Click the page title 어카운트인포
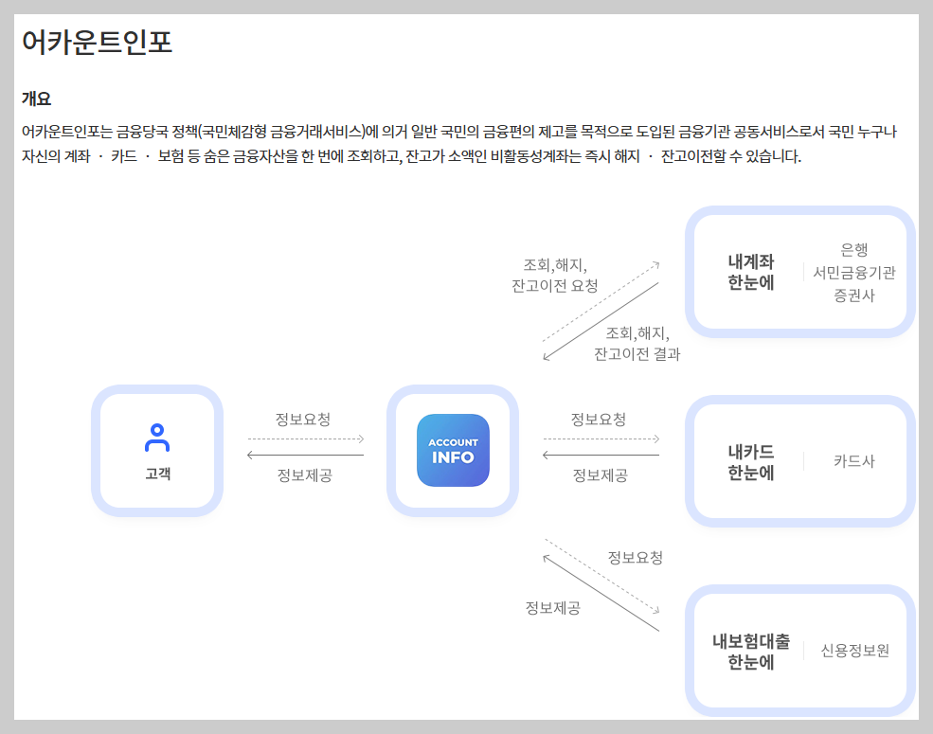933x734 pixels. (97, 43)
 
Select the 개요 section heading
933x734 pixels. (36, 98)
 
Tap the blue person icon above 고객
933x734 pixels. (157, 437)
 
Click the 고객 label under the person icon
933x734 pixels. (157, 474)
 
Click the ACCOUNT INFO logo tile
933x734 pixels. (453, 451)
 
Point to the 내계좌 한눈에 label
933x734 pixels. (751, 272)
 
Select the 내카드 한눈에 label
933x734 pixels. (751, 461)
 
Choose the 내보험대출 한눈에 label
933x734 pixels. (751, 652)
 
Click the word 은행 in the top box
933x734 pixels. (853, 250)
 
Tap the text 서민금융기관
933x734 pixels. (853, 273)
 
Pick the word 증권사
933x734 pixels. (853, 295)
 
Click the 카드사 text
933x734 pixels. (853, 461)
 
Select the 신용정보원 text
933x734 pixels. (855, 651)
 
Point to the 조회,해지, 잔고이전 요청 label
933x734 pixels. (555, 275)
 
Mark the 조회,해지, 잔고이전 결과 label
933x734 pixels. (637, 344)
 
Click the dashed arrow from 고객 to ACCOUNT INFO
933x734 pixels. (305, 439)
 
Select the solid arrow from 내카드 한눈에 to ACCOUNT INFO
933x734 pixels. (601, 456)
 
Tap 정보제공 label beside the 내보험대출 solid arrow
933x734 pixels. (553, 608)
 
